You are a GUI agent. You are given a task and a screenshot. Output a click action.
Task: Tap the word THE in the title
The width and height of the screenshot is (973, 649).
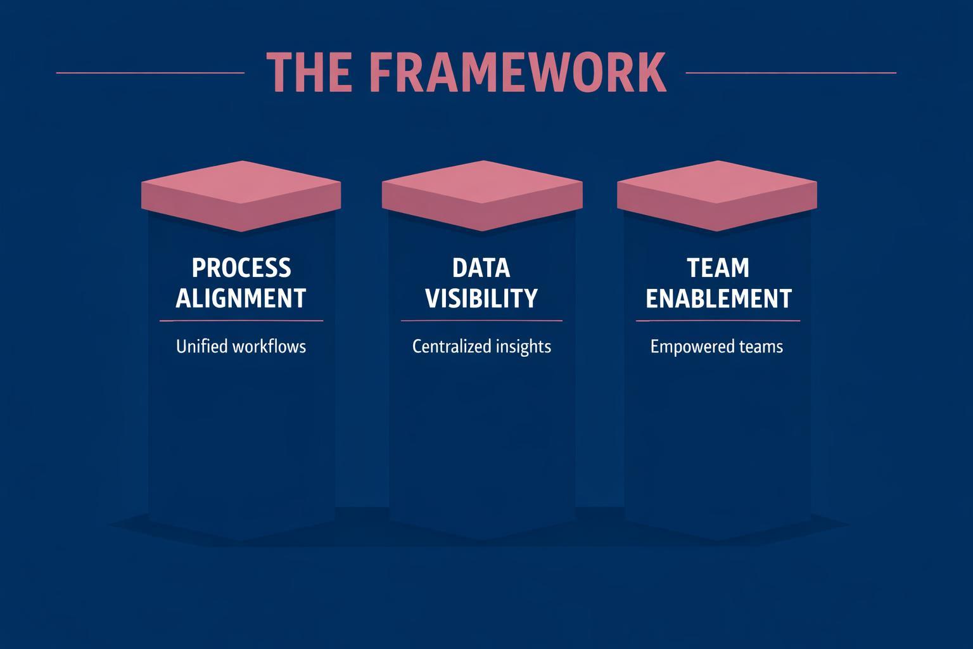click(x=308, y=72)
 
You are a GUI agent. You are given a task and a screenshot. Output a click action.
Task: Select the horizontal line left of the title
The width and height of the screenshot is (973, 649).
click(x=150, y=73)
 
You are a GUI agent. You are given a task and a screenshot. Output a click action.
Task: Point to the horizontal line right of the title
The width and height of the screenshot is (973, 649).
click(x=791, y=73)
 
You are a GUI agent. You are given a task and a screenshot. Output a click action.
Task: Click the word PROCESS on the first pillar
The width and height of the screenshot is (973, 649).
click(x=241, y=268)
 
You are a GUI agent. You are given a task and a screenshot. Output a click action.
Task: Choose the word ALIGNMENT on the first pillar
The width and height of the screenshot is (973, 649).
click(x=241, y=299)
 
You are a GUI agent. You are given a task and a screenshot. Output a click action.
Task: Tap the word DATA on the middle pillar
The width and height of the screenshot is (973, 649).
click(x=481, y=268)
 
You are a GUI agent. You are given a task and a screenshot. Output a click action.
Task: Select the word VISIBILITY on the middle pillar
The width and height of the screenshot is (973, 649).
click(x=481, y=299)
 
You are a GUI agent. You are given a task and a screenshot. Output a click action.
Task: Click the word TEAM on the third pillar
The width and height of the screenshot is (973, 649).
click(x=718, y=268)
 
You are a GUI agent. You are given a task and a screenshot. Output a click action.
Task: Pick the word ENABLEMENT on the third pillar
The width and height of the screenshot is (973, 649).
click(x=718, y=299)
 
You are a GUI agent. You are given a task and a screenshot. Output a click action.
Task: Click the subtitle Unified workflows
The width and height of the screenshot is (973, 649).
click(x=241, y=347)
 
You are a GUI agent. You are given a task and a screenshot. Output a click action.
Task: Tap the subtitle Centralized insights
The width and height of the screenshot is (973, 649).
click(x=481, y=347)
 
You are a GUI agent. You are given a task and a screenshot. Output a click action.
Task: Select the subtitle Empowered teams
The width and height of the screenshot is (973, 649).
click(x=716, y=347)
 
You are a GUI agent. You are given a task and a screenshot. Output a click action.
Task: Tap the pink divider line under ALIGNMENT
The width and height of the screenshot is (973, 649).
click(x=241, y=321)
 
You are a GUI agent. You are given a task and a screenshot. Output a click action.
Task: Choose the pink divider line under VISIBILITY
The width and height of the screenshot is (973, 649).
click(x=481, y=321)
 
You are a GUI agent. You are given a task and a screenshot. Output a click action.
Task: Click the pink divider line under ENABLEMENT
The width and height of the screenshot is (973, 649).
click(x=718, y=321)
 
